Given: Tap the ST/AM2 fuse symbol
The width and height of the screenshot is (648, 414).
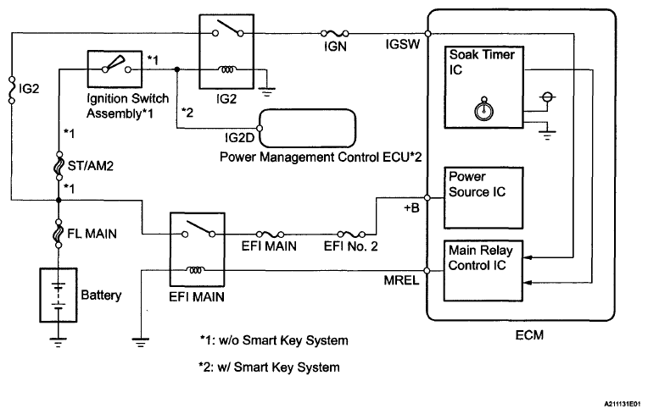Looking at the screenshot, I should pos(59,166).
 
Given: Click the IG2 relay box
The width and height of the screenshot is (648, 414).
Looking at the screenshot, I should pos(222,51).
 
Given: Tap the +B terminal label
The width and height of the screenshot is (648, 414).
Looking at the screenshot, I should pos(410,209).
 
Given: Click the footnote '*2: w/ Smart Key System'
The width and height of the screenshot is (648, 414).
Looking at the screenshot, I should pos(268,367).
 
